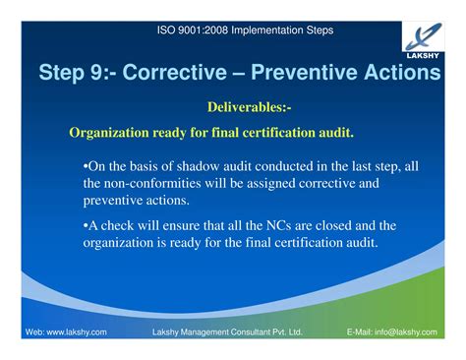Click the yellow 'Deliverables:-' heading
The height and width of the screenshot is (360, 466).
[249, 105]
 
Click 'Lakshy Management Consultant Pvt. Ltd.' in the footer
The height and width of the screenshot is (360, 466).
[227, 332]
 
